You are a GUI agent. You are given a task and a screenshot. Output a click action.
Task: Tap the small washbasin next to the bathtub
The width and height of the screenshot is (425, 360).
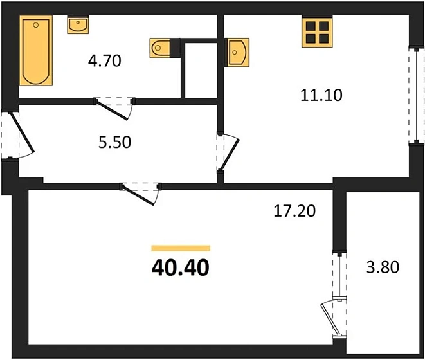coord(78,26)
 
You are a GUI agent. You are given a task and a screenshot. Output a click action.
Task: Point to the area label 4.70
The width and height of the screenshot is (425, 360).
coord(104,62)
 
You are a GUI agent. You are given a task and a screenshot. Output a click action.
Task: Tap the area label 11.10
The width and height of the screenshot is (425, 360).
coord(321,96)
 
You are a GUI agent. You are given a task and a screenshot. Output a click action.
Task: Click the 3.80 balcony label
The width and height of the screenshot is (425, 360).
coord(384,266)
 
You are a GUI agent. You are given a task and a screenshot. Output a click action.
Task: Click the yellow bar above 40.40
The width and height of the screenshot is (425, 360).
coord(181,248)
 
